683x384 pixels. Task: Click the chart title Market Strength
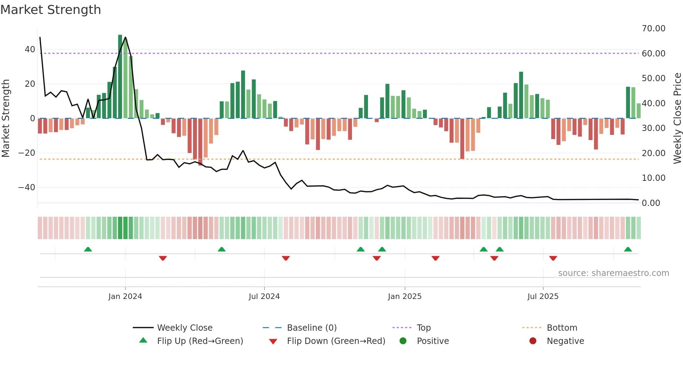point(51,10)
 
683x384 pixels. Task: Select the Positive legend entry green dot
point(403,341)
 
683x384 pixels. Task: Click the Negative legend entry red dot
point(533,341)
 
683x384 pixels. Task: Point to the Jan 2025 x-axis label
point(405,296)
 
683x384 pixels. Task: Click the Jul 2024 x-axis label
point(264,296)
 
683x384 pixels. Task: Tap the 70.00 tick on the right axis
point(653,29)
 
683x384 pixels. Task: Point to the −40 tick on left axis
point(27,187)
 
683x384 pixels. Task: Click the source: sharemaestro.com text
point(613,273)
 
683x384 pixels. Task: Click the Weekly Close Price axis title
point(677,118)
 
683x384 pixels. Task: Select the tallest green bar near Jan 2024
point(120,77)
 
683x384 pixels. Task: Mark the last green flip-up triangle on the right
point(628,249)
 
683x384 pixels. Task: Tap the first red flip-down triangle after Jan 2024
point(163,258)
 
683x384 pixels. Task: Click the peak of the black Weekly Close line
point(125,37)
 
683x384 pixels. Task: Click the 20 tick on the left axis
point(30,84)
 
